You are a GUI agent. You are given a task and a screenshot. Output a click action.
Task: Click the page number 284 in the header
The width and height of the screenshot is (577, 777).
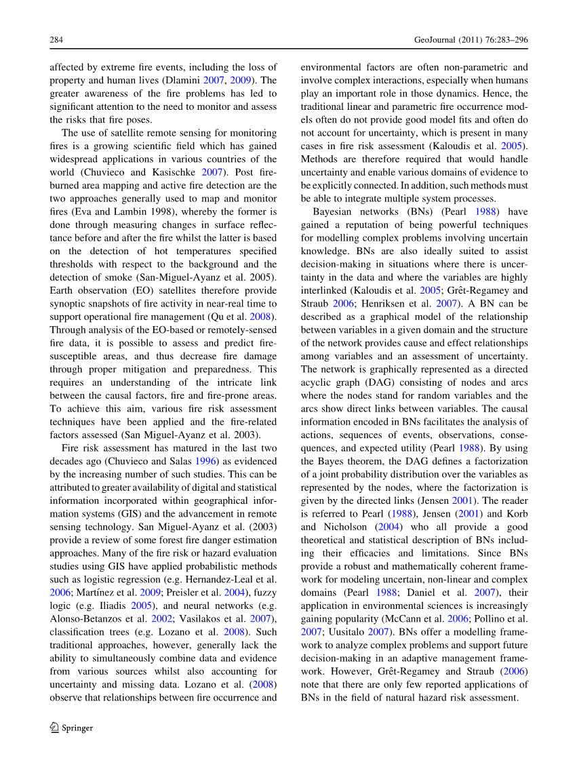click(56, 40)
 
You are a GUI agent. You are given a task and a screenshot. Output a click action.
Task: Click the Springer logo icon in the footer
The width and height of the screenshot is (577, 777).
click(55, 728)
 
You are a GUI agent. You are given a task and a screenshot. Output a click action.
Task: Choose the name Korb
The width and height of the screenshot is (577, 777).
click(516, 513)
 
